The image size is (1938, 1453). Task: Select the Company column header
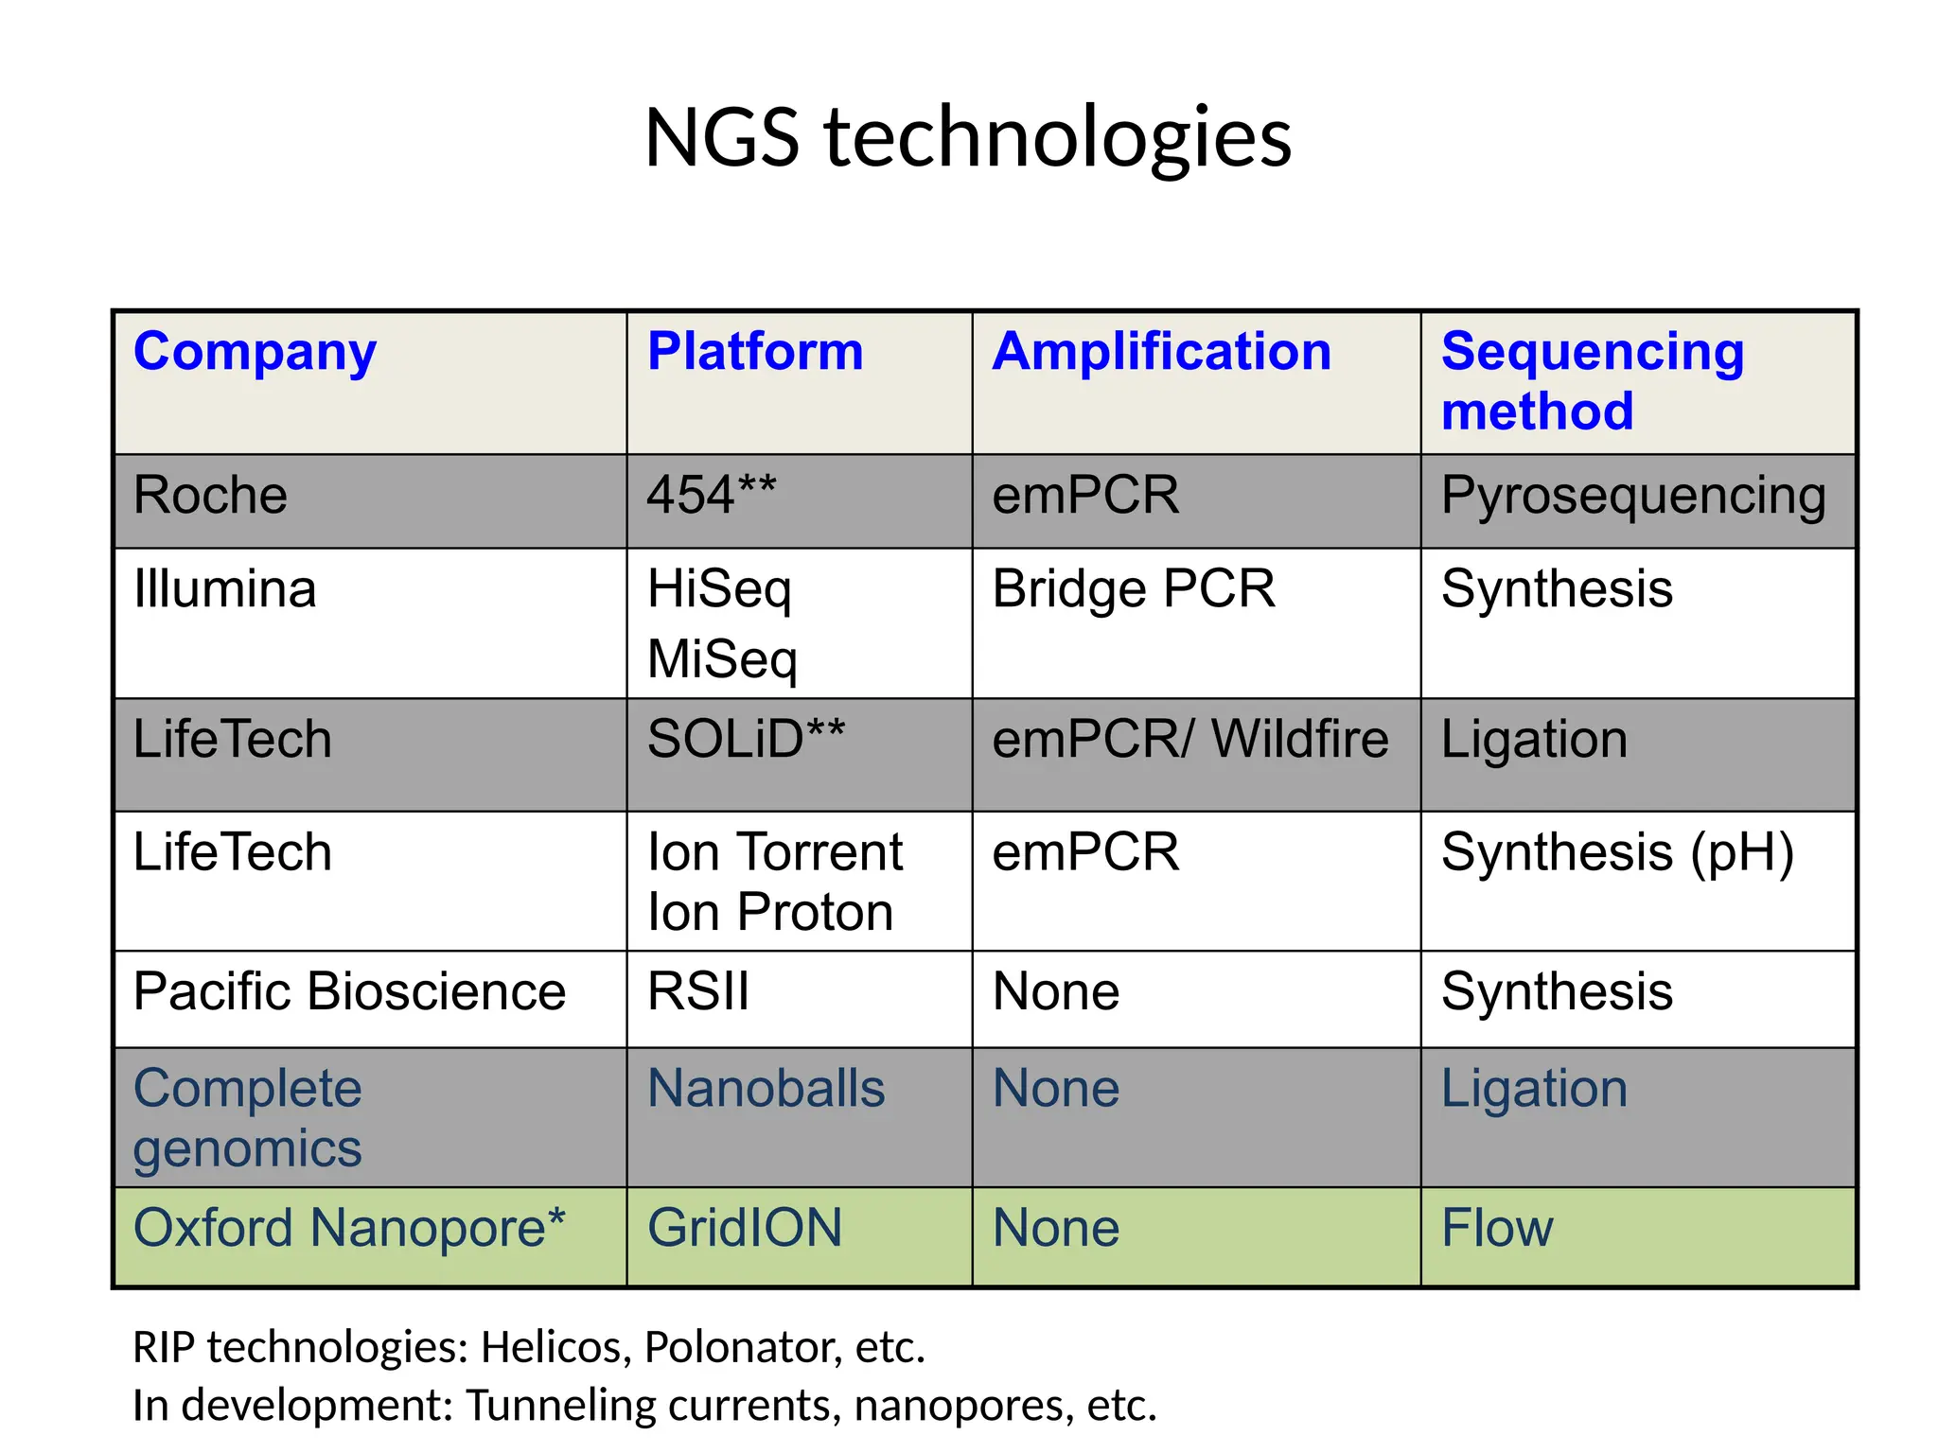255,352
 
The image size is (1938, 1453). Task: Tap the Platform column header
754,352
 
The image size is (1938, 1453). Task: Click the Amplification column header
1161,352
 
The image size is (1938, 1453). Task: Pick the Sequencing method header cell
1592,380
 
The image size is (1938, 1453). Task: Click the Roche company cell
210,496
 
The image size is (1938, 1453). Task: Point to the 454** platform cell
711,496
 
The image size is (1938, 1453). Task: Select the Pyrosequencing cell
1633,496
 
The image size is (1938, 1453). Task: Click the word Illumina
224,589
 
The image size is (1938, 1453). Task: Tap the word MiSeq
722,659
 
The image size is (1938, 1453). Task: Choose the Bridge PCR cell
1133,589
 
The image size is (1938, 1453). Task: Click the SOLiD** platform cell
745,740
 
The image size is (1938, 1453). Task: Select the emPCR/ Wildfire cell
1189,740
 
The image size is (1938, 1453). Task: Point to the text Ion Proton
769,913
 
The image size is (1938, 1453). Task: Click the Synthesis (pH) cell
1617,852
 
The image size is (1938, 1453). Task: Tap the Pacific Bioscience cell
349,992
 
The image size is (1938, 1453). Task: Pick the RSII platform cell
697,992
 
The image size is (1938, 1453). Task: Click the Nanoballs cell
766,1089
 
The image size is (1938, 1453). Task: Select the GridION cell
744,1229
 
